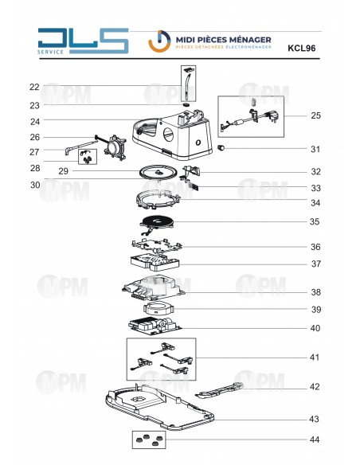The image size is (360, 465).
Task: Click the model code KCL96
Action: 301,48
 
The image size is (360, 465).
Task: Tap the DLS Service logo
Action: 83,41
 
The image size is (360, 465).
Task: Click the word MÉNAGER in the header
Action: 253,40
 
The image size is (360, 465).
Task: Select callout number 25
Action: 315,115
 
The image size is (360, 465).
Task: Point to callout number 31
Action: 315,149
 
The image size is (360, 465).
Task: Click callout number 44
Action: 315,440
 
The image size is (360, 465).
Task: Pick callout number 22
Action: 34,87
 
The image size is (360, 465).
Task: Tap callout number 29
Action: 63,171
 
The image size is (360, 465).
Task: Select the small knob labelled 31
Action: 221,147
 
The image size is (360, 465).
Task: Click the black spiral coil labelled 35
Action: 156,222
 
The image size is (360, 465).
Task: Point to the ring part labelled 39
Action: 158,308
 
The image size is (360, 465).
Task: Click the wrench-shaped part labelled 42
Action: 220,390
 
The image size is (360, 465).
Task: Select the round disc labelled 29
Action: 158,172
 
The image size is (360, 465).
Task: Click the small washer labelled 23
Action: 186,104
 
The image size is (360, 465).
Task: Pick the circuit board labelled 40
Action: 155,325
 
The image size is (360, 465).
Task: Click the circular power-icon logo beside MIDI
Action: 159,41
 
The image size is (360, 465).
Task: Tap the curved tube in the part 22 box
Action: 186,86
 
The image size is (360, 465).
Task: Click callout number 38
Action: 316,292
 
